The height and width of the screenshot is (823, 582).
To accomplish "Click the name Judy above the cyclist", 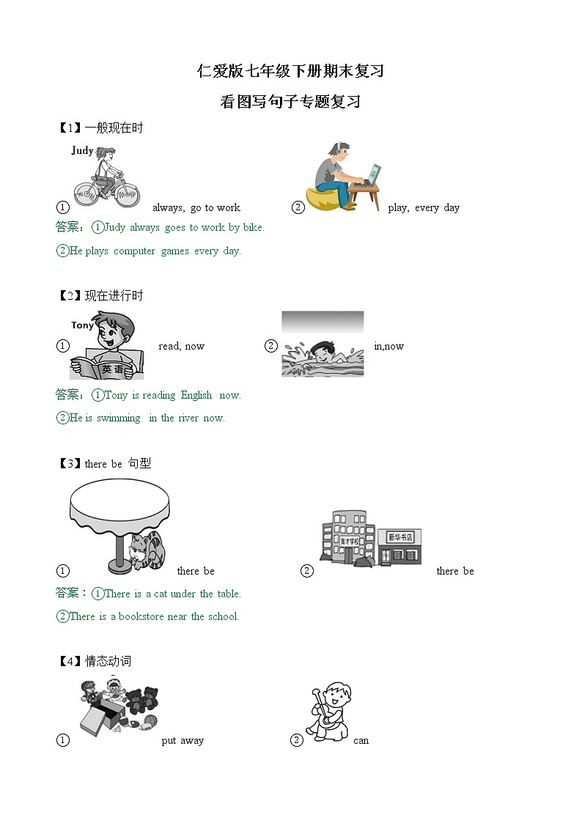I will point(82,150).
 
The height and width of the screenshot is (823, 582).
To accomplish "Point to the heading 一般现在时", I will point(114,128).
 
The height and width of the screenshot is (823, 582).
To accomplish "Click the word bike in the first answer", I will point(252,227).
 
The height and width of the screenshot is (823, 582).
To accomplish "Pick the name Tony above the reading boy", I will point(82,325).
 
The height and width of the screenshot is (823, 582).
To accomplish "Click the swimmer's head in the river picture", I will point(321,347).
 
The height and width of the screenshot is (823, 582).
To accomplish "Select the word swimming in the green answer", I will point(118,418).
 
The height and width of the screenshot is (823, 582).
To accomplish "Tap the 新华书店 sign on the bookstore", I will point(399,537).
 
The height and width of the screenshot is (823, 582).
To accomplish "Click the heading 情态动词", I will point(108,661).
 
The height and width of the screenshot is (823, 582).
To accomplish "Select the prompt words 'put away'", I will point(183,740).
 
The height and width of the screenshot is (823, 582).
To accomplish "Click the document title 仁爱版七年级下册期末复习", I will point(291,71).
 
